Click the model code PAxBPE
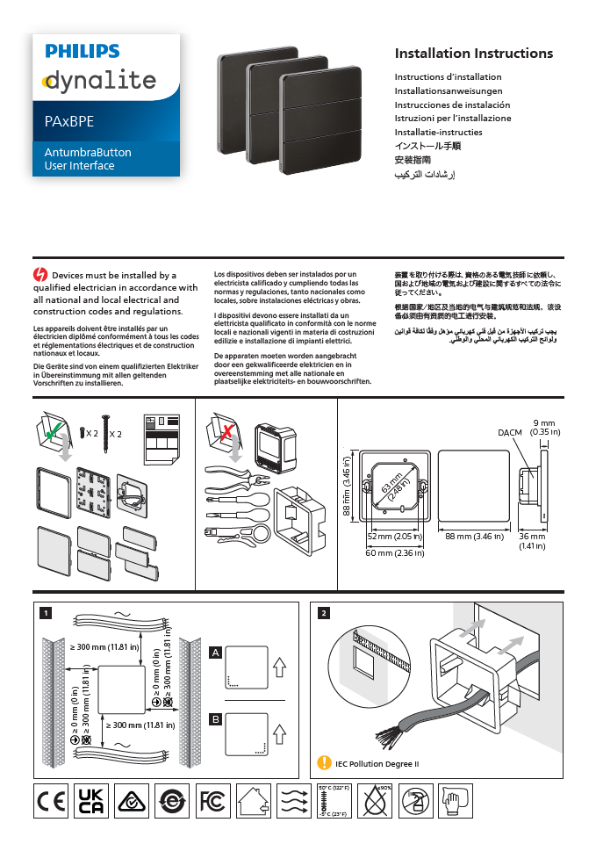69,121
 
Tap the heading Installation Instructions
473,54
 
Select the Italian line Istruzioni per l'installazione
452,118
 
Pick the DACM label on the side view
510,433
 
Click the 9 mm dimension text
544,423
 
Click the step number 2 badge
324,612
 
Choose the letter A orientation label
215,653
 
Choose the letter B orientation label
215,719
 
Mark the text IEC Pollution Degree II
377,762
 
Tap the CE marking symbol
50,801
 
